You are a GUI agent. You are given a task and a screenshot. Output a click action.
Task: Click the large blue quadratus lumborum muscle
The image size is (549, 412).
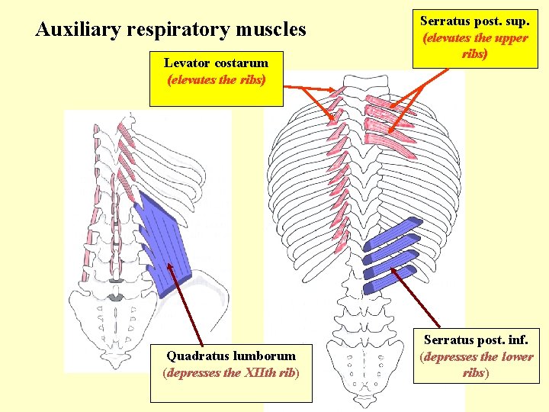pyautogui.click(x=164, y=240)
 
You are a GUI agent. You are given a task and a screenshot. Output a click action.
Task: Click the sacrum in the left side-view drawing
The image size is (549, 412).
pyautogui.click(x=114, y=320)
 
